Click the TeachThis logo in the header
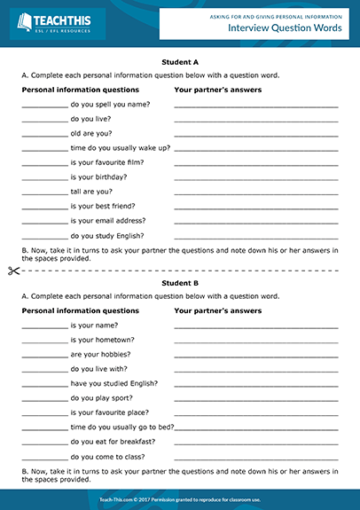point(55,23)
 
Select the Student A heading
point(180,62)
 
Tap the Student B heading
point(180,283)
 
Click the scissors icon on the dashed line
point(12,270)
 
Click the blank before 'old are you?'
point(44,134)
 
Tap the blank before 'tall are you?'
point(44,192)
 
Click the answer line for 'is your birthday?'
point(256,178)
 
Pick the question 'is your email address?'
point(108,221)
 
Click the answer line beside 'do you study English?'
point(256,237)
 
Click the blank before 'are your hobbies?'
point(44,355)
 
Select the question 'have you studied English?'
point(114,383)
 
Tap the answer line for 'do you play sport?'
point(256,399)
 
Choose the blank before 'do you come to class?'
point(44,458)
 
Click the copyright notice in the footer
point(180,500)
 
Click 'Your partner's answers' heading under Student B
point(218,311)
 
